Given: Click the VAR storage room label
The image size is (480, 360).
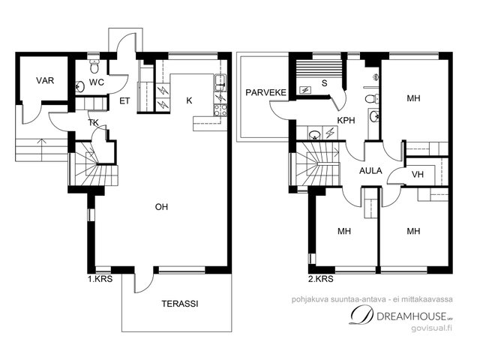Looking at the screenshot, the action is [45, 80].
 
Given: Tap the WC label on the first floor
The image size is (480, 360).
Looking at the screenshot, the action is [97, 82].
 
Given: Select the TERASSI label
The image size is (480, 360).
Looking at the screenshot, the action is [180, 304].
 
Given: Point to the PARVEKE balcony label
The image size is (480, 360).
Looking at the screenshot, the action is [265, 92].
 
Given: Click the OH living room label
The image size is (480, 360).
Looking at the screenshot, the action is [161, 207].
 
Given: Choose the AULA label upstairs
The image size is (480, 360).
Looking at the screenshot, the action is [370, 171].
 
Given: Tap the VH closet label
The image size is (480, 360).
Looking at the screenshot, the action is [418, 175].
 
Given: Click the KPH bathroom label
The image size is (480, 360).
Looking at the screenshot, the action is [346, 120].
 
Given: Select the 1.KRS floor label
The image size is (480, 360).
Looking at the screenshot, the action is [100, 279].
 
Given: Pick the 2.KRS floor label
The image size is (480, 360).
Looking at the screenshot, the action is [321, 279].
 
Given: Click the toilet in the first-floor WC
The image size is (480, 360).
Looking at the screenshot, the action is [94, 67].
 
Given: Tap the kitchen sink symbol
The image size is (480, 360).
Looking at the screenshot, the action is [220, 82].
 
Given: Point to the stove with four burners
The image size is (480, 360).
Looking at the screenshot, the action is [220, 110].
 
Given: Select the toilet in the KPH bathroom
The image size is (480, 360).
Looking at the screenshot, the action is [371, 99].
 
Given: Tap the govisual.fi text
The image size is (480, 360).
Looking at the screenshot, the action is [432, 328].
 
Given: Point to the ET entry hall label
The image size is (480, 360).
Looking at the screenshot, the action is [124, 101].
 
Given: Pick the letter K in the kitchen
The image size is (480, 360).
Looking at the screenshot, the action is [189, 100].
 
